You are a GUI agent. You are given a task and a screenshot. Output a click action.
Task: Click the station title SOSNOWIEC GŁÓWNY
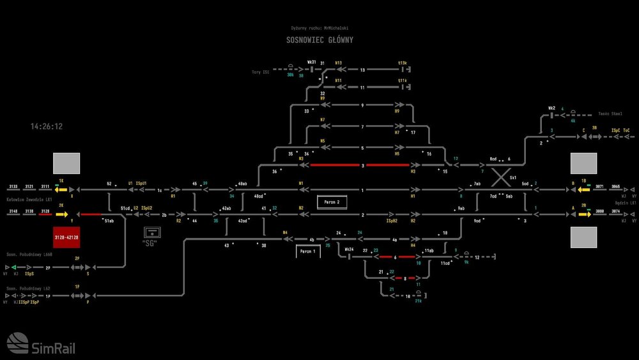[319, 40]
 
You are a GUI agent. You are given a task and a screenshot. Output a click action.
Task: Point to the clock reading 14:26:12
[47, 127]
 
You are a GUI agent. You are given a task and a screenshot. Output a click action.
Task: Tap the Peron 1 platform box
[307, 251]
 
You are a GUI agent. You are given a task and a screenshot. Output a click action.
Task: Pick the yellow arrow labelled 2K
[62, 214]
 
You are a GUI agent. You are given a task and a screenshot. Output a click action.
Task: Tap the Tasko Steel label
[610, 114]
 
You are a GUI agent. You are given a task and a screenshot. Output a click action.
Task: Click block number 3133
[13, 187]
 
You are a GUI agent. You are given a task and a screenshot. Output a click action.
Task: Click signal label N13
[338, 63]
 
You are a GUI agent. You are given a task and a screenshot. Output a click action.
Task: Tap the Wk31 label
[312, 62]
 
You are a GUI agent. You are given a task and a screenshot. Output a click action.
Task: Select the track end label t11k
[403, 80]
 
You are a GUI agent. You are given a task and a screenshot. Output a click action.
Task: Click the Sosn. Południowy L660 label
[30, 253]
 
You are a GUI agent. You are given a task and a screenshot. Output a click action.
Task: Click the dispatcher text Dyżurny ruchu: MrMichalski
[319, 28]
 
